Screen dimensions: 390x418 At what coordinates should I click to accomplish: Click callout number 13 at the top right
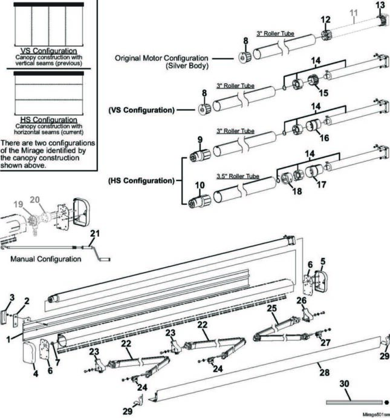(x=380, y=5)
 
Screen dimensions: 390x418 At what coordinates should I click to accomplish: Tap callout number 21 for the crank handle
(x=95, y=233)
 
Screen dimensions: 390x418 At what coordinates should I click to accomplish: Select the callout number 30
(x=345, y=383)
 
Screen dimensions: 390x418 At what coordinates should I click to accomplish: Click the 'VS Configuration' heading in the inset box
(x=49, y=51)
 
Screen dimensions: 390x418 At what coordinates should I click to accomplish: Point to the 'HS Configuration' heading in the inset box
(x=49, y=120)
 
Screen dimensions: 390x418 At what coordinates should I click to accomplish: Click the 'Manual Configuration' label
(x=46, y=259)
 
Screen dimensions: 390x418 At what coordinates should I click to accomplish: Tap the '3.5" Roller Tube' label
(x=238, y=176)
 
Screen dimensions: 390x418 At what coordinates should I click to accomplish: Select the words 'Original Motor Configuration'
(x=161, y=58)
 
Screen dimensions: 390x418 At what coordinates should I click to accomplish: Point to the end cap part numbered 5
(x=321, y=282)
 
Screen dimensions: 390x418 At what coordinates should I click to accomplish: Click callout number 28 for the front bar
(x=325, y=373)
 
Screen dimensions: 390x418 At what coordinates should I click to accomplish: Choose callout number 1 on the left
(x=8, y=340)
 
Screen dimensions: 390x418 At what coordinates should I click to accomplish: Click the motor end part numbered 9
(x=200, y=156)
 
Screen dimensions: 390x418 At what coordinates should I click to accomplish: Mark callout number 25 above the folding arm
(x=272, y=308)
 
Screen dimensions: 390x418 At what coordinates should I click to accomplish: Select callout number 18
(x=297, y=191)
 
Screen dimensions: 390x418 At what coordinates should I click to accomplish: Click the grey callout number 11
(x=354, y=13)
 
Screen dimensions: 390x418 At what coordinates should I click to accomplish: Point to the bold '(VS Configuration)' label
(x=141, y=110)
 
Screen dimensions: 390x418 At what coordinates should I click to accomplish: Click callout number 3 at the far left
(x=12, y=297)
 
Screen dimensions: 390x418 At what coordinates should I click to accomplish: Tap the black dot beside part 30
(x=386, y=402)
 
